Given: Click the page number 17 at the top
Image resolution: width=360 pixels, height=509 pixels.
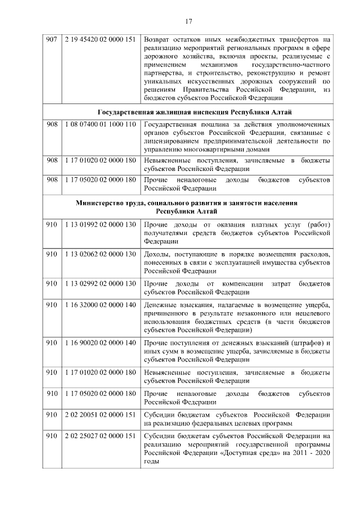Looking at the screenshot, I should coord(188,21).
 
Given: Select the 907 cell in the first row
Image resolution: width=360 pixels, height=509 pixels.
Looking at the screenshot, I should coord(52,40).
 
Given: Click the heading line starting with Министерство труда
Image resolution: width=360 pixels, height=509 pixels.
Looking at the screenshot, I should coord(194,202).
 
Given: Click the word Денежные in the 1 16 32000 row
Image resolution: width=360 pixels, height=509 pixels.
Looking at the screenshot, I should coord(160,304).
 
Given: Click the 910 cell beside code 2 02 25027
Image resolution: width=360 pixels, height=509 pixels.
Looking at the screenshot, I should coord(52,436).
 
